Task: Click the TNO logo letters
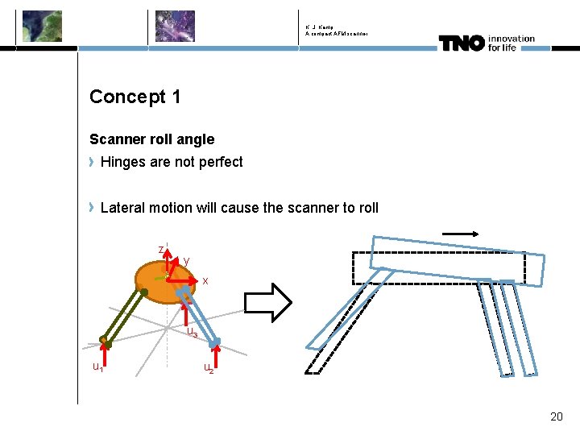click(x=461, y=43)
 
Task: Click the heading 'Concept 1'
click(x=135, y=97)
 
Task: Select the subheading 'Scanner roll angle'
click(x=151, y=139)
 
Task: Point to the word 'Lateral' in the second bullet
click(x=123, y=208)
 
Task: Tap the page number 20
click(x=556, y=416)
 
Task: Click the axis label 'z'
click(x=161, y=248)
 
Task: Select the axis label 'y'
click(x=186, y=261)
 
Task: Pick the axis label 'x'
click(x=205, y=280)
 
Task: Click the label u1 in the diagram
click(x=97, y=367)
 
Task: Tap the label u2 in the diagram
click(x=209, y=368)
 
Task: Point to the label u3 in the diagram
click(x=192, y=332)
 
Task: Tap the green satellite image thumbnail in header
click(x=42, y=26)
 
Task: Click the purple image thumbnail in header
click(x=175, y=26)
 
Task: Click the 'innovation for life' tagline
click(x=511, y=42)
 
